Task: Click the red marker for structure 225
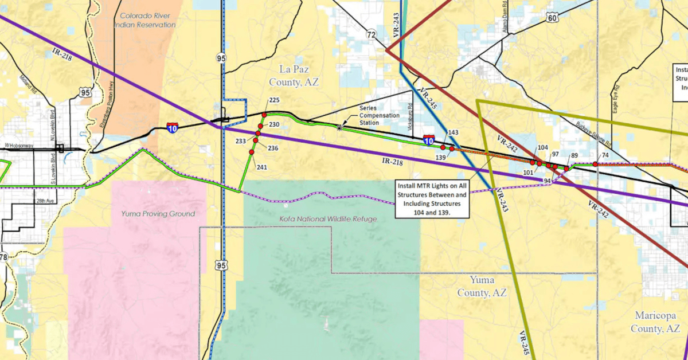pyautogui.click(x=264, y=115)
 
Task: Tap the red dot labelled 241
pyautogui.click(x=251, y=152)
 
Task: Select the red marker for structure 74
pyautogui.click(x=595, y=164)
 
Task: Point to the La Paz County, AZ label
pyautogui.click(x=294, y=76)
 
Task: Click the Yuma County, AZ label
pyautogui.click(x=482, y=287)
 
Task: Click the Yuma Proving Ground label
pyautogui.click(x=158, y=214)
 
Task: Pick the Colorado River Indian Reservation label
pyautogui.click(x=144, y=21)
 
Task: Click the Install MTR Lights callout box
pyautogui.click(x=433, y=199)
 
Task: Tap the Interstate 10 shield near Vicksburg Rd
pyautogui.click(x=428, y=139)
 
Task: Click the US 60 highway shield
pyautogui.click(x=552, y=18)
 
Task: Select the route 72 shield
pyautogui.click(x=371, y=36)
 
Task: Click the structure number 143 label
pyautogui.click(x=453, y=133)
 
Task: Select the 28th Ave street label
pyautogui.click(x=44, y=201)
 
